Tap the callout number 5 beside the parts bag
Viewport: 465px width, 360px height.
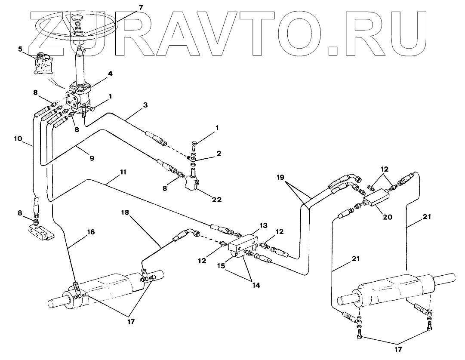point(20,49)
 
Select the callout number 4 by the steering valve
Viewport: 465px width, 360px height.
point(110,74)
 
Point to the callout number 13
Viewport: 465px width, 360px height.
point(263,225)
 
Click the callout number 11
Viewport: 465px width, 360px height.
point(123,172)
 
